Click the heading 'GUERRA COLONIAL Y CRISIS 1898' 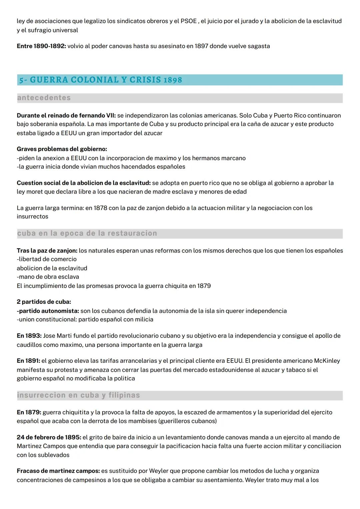click(106, 80)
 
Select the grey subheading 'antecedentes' click(44, 98)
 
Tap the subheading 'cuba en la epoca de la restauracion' click(87, 233)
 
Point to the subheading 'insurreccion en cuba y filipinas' click(78, 395)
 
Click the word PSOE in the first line click(189, 21)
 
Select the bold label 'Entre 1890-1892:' click(41, 46)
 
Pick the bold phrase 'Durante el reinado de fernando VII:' click(66, 115)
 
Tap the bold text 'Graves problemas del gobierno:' click(62, 149)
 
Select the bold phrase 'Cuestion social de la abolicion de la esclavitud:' click(84, 183)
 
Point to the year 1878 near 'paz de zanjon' click(100, 208)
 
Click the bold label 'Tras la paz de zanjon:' click(47, 250)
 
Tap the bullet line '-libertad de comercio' click(47, 259)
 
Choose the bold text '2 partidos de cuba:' click(44, 302)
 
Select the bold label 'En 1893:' click(29, 336)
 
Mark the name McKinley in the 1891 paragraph click(327, 361)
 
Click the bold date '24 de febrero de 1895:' click(49, 437)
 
